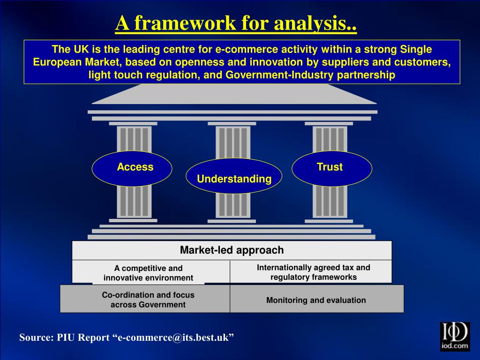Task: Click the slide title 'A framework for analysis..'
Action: (x=236, y=23)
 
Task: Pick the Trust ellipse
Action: (x=331, y=168)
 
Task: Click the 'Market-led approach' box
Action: (x=232, y=250)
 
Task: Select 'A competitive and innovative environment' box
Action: (x=149, y=273)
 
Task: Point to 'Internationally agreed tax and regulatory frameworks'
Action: (x=313, y=272)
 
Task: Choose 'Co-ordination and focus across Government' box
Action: (x=148, y=300)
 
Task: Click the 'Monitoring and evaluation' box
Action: (x=316, y=300)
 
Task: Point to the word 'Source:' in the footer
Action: (x=36, y=338)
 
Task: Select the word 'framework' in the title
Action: (x=185, y=23)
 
